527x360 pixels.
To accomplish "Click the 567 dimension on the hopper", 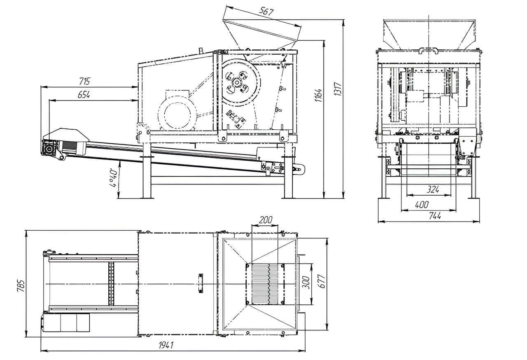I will coord(266,12).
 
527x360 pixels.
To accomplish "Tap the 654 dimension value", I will coord(84,95).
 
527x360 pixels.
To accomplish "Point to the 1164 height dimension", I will coord(318,95).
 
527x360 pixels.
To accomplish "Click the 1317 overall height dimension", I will coord(338,89).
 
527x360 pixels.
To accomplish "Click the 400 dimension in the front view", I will coord(422,205).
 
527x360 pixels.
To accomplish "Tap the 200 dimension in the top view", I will coord(266,220).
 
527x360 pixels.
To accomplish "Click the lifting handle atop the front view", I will coord(428,51).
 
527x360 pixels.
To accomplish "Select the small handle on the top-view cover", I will coord(201,283).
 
